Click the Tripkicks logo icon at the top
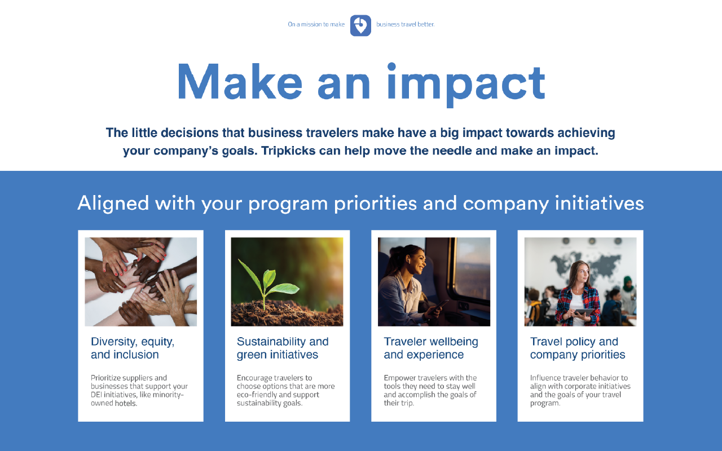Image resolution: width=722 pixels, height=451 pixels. [360, 25]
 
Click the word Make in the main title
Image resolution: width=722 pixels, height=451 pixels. [239, 82]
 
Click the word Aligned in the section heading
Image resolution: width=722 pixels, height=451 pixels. [113, 203]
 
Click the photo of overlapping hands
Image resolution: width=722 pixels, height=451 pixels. [141, 281]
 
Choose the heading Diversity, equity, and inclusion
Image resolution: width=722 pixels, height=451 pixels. [133, 348]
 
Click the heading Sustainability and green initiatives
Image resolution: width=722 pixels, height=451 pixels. [283, 348]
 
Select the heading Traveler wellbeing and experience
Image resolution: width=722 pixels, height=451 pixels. [431, 348]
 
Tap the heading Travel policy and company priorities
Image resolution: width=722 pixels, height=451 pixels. [578, 348]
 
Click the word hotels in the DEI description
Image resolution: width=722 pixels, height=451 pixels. [126, 404]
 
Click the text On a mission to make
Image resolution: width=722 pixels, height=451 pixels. [316, 24]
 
